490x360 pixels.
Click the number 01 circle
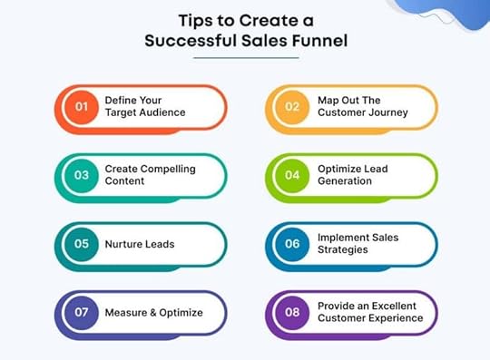[x=81, y=107]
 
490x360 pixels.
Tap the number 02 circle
[x=293, y=107]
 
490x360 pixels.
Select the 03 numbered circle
[x=81, y=175]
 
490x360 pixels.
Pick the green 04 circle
[x=293, y=175]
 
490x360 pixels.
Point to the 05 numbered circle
[x=81, y=244]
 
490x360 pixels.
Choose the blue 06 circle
[x=293, y=244]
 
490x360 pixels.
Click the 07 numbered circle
[x=81, y=313]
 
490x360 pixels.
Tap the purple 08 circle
[x=293, y=313]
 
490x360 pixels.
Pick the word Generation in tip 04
[x=347, y=181]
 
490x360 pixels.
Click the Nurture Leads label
[x=139, y=244]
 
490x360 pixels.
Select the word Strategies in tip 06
[x=342, y=250]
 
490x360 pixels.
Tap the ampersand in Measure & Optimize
[x=145, y=313]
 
